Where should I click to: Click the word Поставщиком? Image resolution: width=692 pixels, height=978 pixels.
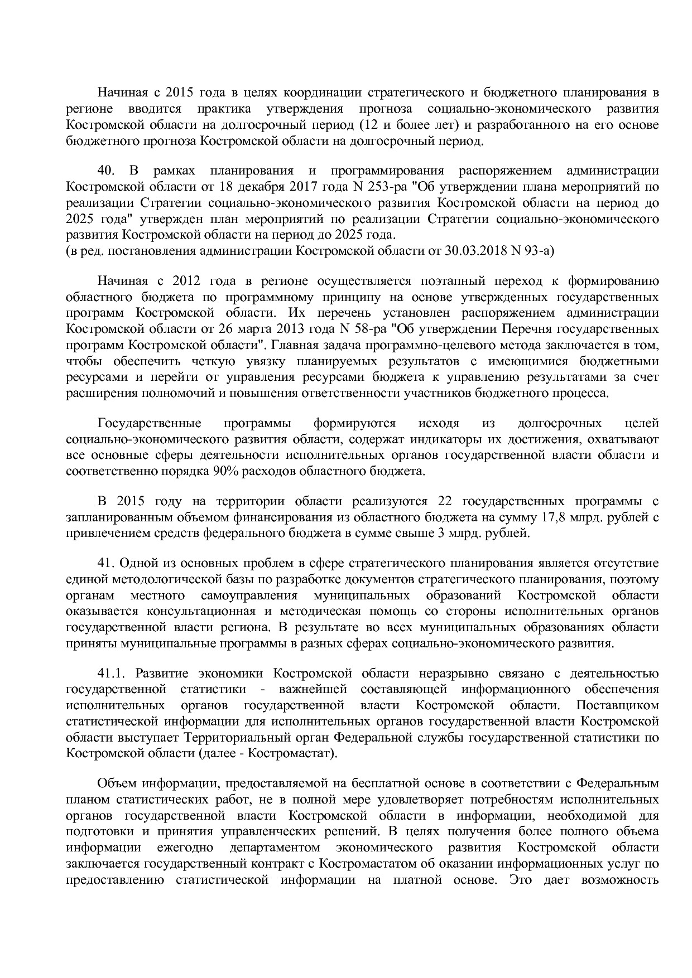617,705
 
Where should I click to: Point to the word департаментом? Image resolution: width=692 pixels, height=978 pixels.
275,848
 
